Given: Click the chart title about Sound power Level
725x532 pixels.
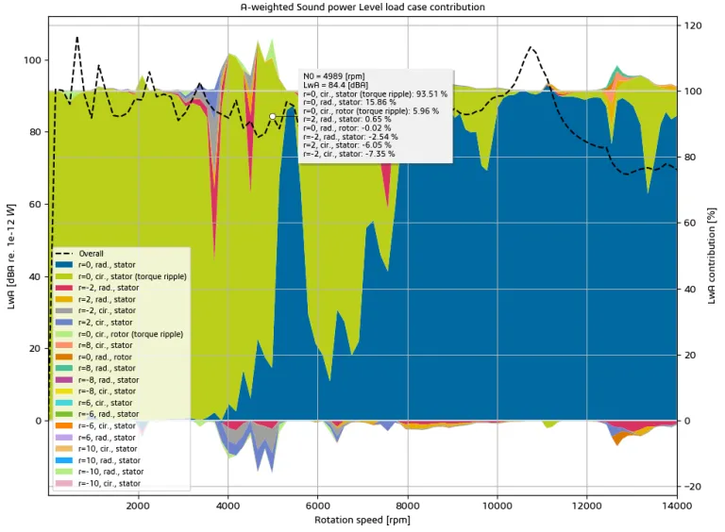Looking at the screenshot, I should click(362, 7).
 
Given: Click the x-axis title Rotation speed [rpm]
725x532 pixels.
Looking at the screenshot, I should click(362, 520).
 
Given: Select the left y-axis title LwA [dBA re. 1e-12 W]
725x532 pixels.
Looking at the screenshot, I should click(11, 255).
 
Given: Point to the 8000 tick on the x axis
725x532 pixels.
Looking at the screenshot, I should click(408, 505).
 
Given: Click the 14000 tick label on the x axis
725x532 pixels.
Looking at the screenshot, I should click(676, 505).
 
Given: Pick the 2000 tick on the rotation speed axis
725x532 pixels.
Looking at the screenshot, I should click(139, 505).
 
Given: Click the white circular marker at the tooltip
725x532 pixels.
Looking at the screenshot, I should click(273, 116).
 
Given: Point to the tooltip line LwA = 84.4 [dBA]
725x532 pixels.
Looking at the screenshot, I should click(329, 85).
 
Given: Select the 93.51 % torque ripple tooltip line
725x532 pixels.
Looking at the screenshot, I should click(375, 94).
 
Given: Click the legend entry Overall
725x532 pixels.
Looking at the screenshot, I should click(91, 254).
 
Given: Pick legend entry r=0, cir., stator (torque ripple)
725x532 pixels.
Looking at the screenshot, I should click(131, 276).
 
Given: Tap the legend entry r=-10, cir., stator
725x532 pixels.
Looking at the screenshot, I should click(109, 483).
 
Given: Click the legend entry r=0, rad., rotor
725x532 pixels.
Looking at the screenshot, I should click(107, 357).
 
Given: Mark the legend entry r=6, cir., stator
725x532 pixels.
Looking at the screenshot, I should click(107, 403).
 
